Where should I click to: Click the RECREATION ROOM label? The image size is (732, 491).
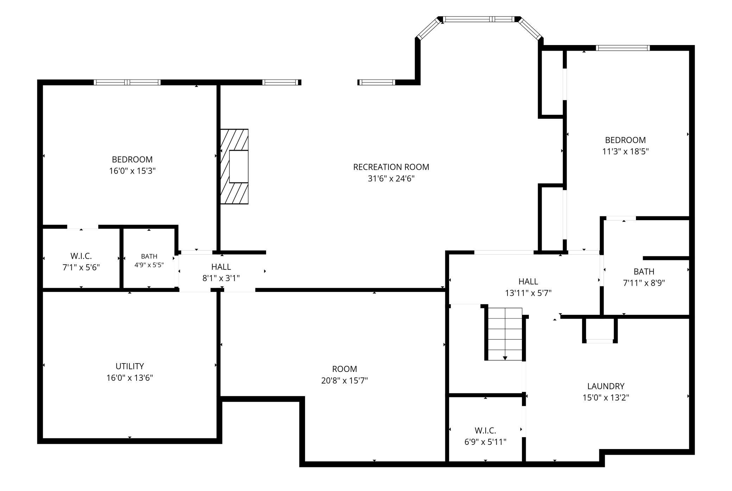tap(391, 167)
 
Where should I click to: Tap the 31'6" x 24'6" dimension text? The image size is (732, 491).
tap(391, 179)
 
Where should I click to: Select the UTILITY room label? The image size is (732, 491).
tap(130, 366)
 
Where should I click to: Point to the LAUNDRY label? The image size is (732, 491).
tap(606, 386)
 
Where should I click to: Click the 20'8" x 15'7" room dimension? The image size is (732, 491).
tap(345, 380)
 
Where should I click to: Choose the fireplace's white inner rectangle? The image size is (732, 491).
tap(239, 167)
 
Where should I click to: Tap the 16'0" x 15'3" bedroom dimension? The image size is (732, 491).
tap(132, 171)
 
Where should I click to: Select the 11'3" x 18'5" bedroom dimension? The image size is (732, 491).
tap(625, 151)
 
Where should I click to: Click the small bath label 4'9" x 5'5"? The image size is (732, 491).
tap(149, 265)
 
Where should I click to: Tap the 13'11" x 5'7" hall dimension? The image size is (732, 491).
tap(528, 293)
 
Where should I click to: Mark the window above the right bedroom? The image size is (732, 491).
tap(623, 48)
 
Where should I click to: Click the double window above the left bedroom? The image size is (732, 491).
tap(127, 82)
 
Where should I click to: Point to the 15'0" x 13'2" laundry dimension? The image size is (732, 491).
tap(606, 398)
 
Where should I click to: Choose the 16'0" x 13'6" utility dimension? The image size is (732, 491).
tap(130, 378)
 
